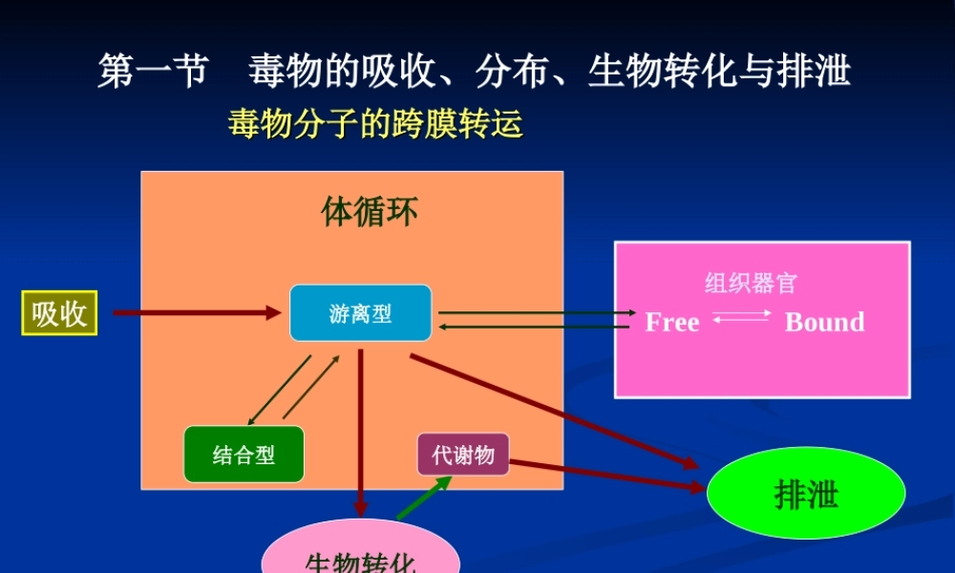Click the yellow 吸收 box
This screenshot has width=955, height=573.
(59, 313)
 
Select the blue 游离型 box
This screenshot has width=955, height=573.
(360, 313)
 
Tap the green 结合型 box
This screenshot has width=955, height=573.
(244, 455)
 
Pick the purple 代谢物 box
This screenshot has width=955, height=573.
(462, 455)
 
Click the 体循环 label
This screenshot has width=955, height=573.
(369, 212)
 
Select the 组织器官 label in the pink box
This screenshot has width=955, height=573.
(751, 283)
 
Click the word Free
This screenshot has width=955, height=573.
(672, 323)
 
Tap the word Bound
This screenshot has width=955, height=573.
(824, 323)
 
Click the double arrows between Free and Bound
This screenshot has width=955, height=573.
(741, 317)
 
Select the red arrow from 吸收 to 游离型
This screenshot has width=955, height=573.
(196, 312)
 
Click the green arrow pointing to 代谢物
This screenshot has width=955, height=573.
(423, 498)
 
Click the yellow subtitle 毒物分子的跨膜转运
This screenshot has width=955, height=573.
(375, 124)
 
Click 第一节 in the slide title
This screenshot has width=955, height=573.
(152, 72)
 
